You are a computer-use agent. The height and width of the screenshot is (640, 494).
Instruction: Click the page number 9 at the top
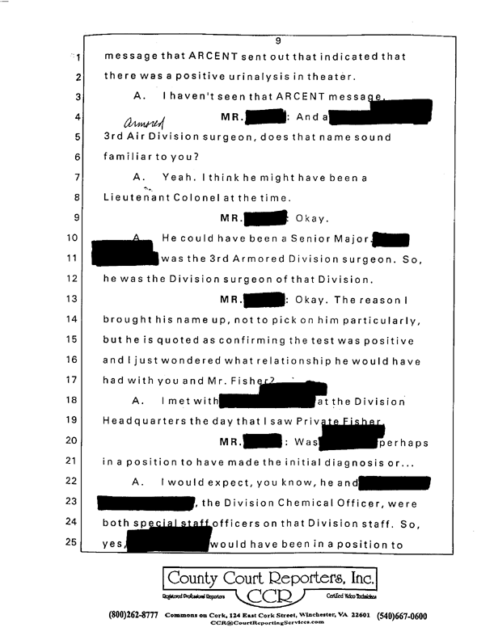(x=277, y=41)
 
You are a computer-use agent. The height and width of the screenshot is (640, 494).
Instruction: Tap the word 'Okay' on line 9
(x=310, y=218)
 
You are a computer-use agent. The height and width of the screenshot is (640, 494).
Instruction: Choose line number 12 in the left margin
(x=70, y=277)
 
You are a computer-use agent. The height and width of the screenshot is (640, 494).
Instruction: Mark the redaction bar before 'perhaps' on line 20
(x=350, y=441)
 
